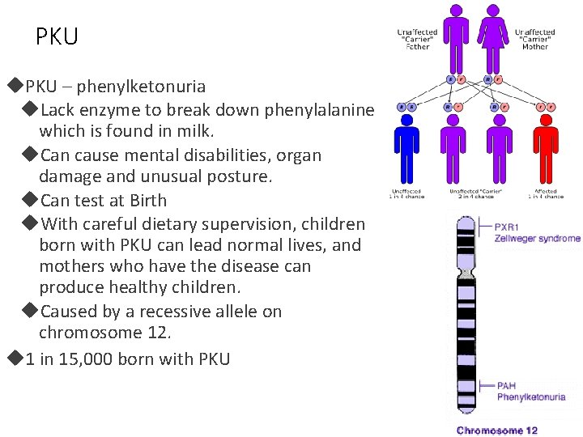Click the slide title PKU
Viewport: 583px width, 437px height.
57,36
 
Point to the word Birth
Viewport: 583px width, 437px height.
148,200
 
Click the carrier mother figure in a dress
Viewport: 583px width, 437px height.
492,36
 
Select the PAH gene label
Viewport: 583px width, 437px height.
507,387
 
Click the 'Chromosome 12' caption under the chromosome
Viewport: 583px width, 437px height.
497,431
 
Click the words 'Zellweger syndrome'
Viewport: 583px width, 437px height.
538,239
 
